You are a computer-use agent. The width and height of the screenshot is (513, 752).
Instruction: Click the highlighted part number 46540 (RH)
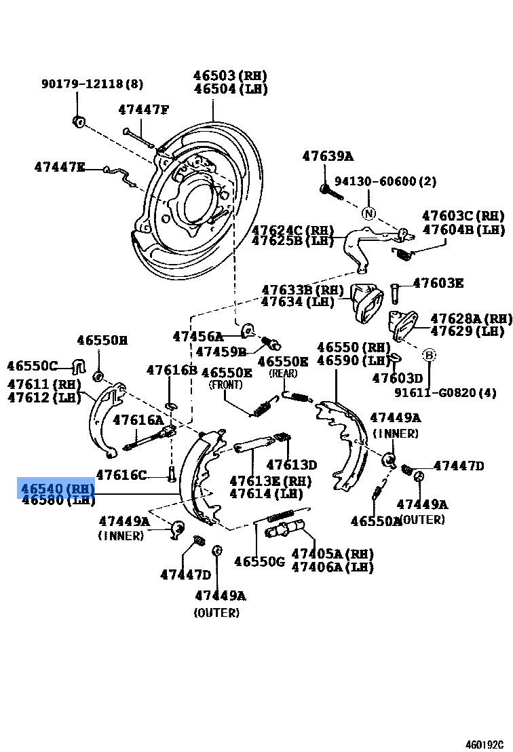pyautogui.click(x=57, y=488)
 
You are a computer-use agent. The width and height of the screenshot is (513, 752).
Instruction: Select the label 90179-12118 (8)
pyautogui.click(x=92, y=84)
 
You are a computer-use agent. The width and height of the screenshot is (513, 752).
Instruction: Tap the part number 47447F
pyautogui.click(x=143, y=109)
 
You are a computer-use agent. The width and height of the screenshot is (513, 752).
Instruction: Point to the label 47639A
pyautogui.click(x=328, y=156)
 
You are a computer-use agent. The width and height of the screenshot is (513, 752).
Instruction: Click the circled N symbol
pyautogui.click(x=368, y=213)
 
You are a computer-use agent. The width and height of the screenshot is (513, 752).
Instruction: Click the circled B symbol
pyautogui.click(x=429, y=355)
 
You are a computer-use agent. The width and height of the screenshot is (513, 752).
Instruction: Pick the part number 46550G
pyautogui.click(x=259, y=561)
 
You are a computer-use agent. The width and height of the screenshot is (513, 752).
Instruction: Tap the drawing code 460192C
pyautogui.click(x=484, y=744)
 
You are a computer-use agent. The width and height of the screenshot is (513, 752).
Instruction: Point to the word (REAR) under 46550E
pyautogui.click(x=282, y=373)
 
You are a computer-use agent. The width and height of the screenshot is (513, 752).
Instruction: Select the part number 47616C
pyautogui.click(x=121, y=474)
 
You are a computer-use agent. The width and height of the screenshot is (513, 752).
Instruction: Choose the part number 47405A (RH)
pyautogui.click(x=332, y=554)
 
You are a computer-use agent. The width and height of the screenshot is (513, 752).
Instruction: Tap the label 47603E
pyautogui.click(x=438, y=283)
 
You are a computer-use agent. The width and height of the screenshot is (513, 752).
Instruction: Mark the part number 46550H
pyautogui.click(x=102, y=341)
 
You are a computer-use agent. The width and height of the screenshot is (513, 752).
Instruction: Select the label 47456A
pyautogui.click(x=197, y=336)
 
